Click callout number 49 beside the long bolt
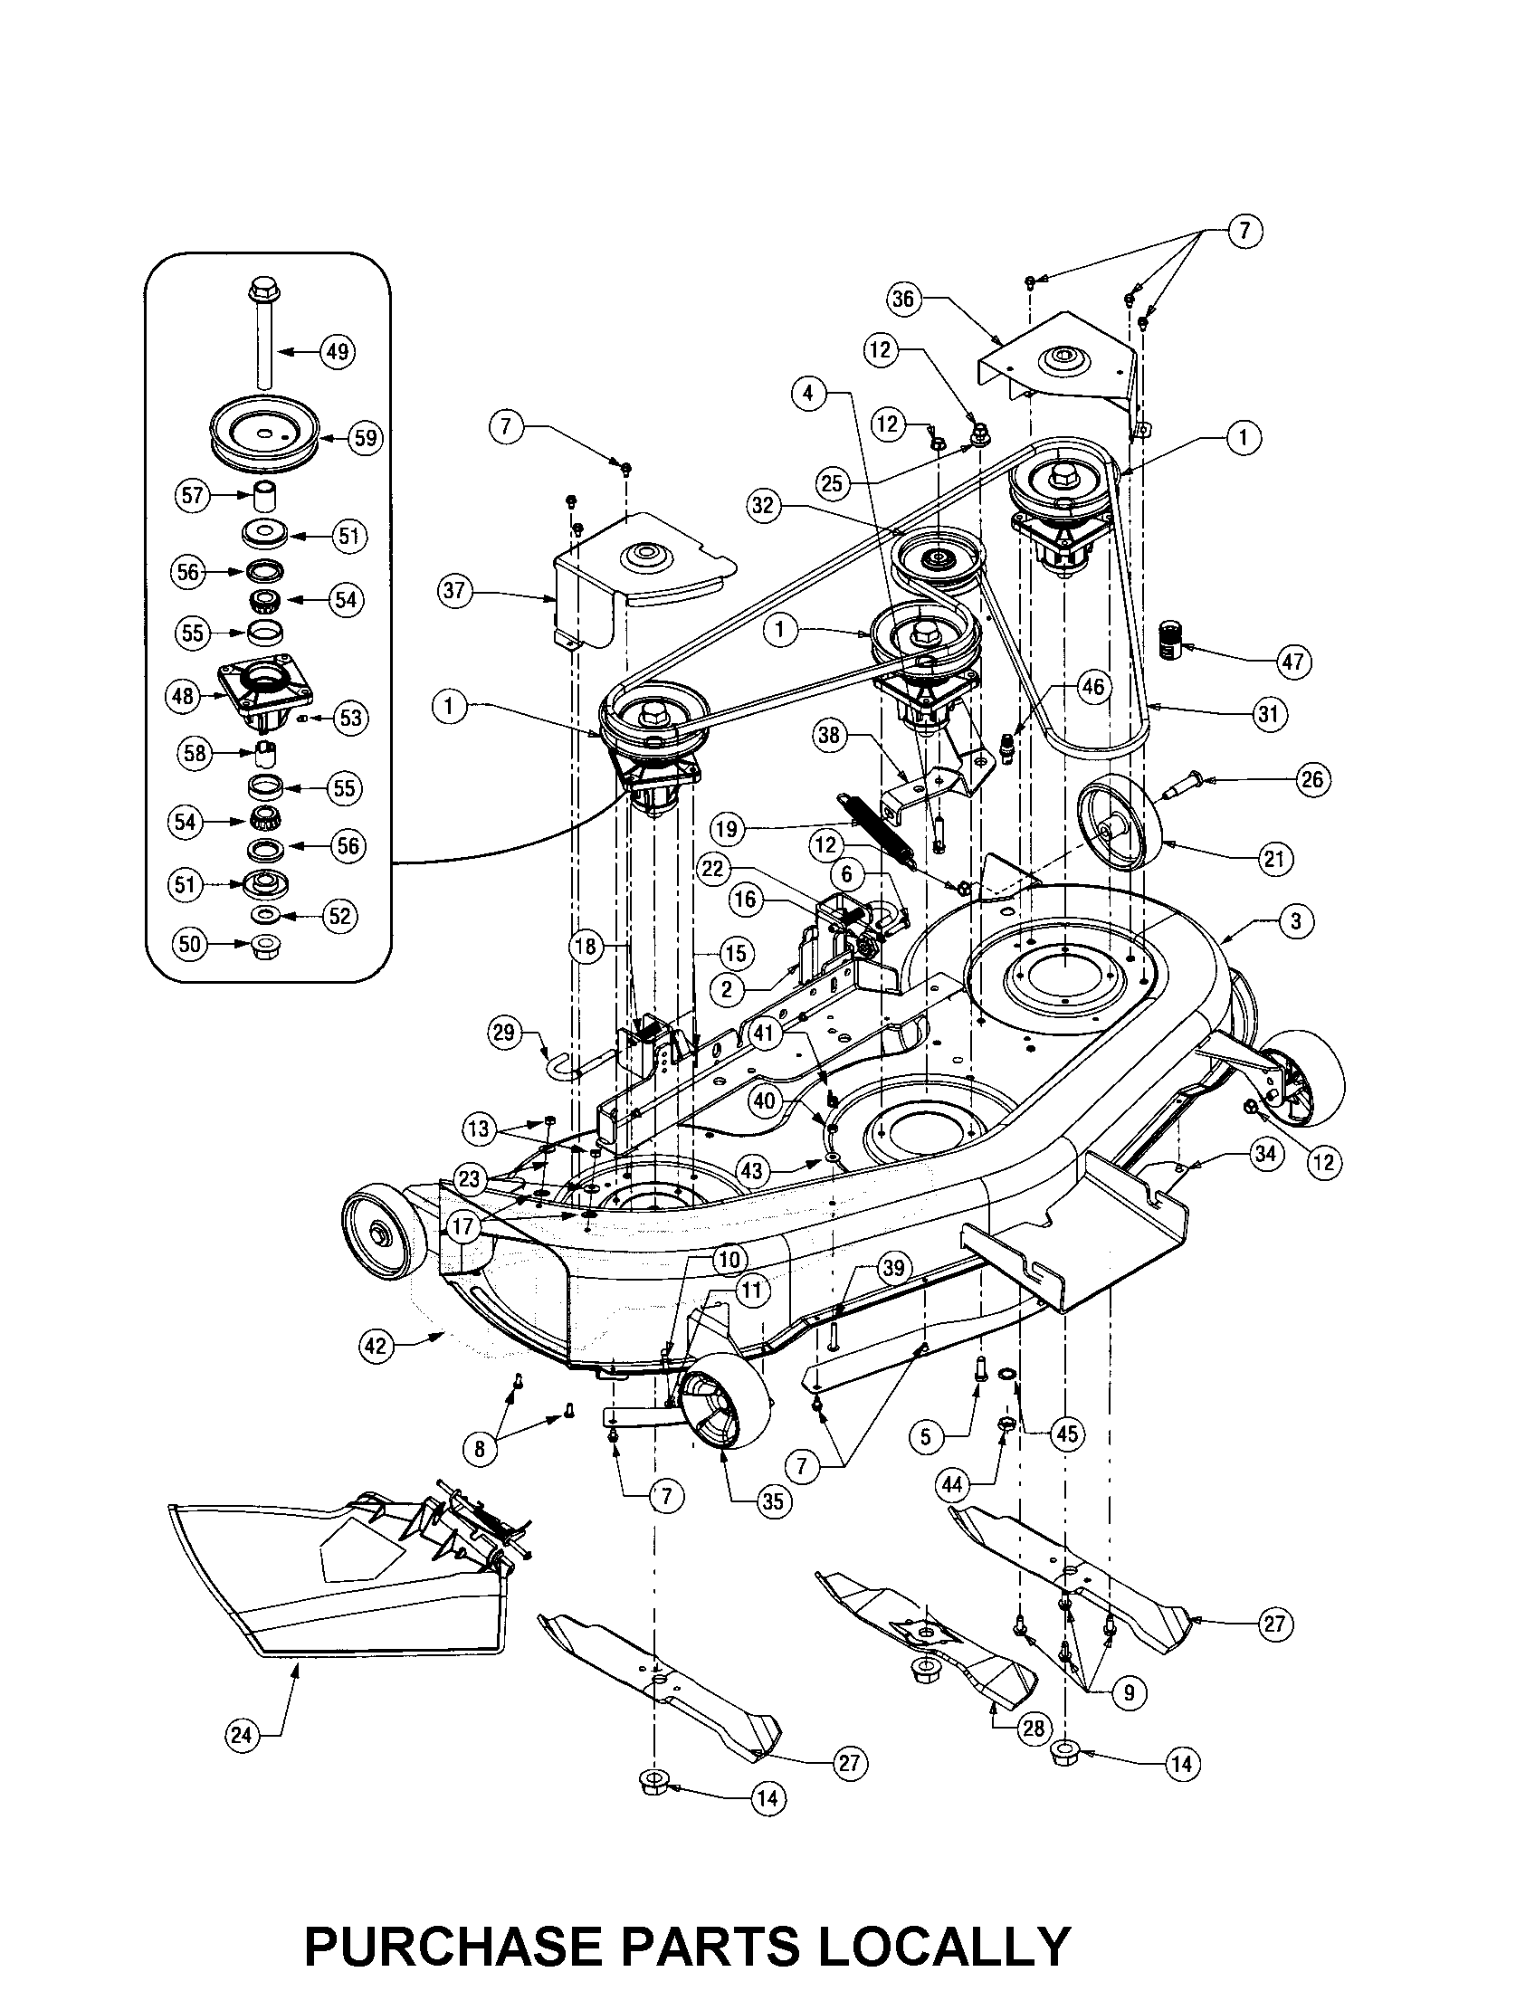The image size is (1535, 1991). [338, 351]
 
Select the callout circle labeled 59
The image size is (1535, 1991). [365, 438]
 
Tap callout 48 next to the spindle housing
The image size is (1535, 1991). [182, 697]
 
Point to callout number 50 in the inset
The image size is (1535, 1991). [189, 945]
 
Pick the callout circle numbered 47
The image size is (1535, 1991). [1292, 661]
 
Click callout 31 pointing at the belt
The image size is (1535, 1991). [1269, 714]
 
